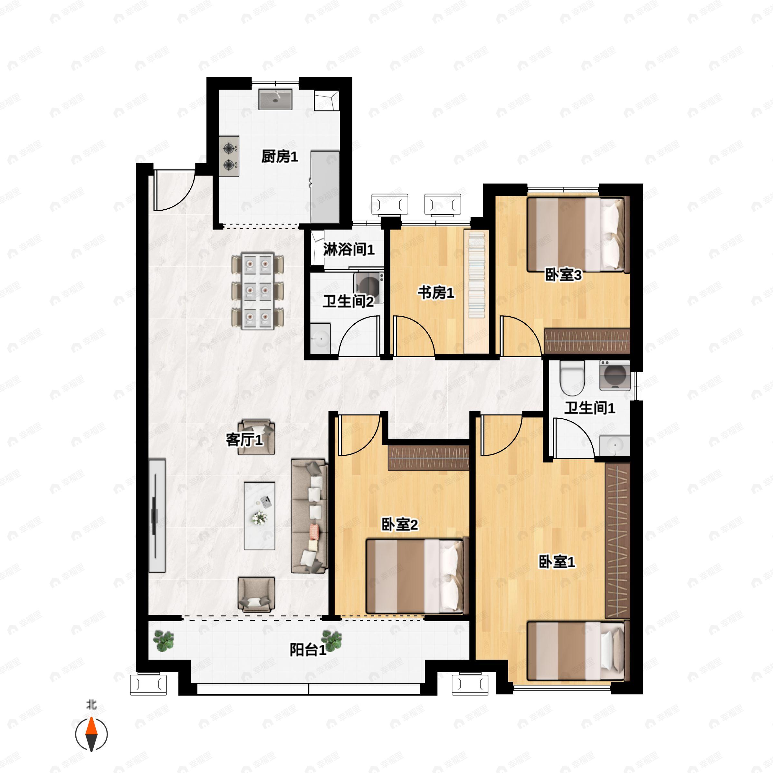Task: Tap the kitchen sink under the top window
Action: [275, 99]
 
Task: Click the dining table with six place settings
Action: [258, 291]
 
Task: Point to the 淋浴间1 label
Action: [349, 250]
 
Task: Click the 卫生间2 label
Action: [348, 301]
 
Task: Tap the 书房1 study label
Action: [436, 293]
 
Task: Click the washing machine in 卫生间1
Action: [615, 376]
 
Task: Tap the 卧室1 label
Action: [557, 562]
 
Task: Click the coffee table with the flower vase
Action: [260, 516]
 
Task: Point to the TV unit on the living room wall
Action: [157, 516]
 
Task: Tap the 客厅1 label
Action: [244, 440]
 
